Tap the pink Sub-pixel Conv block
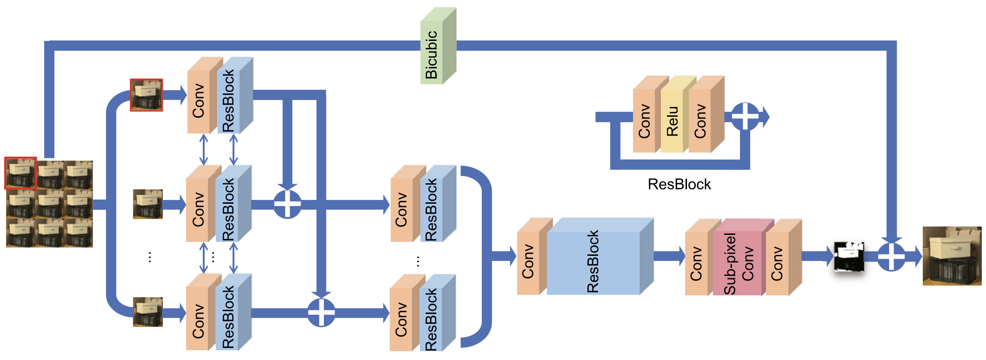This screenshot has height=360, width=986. [738, 263]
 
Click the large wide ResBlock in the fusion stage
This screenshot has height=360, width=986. [593, 262]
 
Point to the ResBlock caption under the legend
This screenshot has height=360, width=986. [679, 184]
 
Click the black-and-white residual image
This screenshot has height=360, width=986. [849, 256]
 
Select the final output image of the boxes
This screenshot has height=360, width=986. [952, 256]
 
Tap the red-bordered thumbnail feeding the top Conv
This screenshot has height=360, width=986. [147, 95]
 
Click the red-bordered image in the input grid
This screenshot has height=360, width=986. [20, 173]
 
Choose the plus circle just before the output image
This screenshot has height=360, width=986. [891, 256]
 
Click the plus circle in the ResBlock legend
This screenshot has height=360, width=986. [745, 116]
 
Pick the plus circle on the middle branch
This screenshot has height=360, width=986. [287, 204]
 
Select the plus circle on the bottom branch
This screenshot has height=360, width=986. [321, 313]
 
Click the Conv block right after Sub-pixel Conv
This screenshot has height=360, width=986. [777, 263]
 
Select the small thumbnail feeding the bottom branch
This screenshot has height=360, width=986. [147, 312]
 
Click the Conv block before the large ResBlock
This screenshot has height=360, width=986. [528, 262]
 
